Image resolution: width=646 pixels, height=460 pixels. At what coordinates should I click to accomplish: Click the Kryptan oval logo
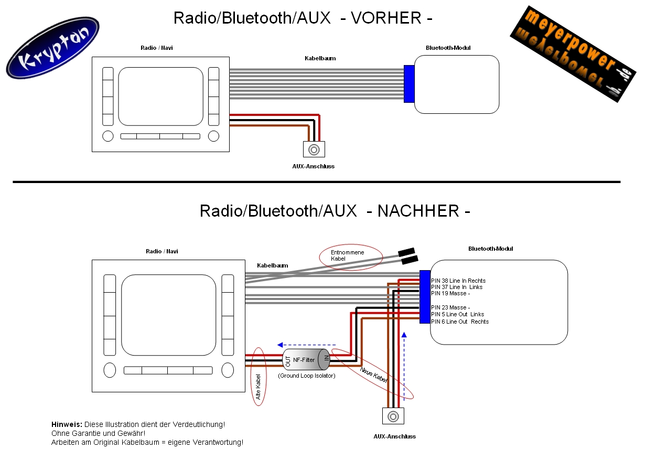point(52,48)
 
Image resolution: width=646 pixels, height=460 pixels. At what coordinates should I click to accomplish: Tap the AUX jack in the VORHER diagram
point(314,149)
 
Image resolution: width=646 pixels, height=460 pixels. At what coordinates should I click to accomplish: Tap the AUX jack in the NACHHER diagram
point(393,416)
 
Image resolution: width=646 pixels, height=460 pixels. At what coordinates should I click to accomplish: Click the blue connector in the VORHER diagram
point(409,84)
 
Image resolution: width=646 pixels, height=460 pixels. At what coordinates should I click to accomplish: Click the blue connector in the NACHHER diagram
point(425,297)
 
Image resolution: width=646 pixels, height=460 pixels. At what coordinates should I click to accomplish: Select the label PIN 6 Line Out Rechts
point(459,322)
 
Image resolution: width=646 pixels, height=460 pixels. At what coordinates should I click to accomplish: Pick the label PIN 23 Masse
point(450,307)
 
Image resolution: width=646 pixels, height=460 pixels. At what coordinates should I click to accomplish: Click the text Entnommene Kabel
point(347,255)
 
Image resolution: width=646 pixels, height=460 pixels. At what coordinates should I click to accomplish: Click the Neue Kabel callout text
point(373,377)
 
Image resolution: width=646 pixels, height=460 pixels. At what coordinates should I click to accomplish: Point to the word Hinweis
point(66,424)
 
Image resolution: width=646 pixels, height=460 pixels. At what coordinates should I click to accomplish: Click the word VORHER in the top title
point(386,18)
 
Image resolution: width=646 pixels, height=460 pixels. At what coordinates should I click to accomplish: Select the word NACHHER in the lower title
point(417,211)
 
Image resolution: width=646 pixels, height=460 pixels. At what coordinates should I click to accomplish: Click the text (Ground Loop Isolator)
point(306,376)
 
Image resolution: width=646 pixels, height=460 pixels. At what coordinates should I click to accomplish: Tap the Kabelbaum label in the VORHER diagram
point(320,58)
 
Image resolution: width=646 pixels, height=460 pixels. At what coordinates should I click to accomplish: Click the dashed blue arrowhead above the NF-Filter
point(281,345)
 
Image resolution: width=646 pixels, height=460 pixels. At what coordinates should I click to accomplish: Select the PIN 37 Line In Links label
point(457,287)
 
